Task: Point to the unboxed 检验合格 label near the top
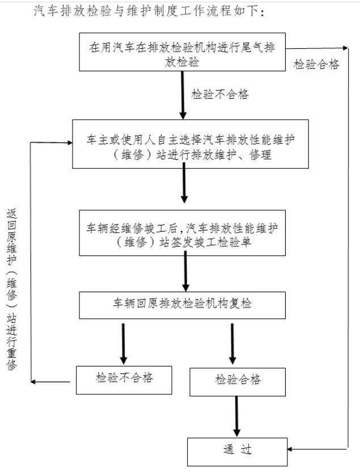coord(316,64)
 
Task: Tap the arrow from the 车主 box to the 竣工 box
coord(184,185)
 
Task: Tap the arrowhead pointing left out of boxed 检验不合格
coord(35,381)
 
